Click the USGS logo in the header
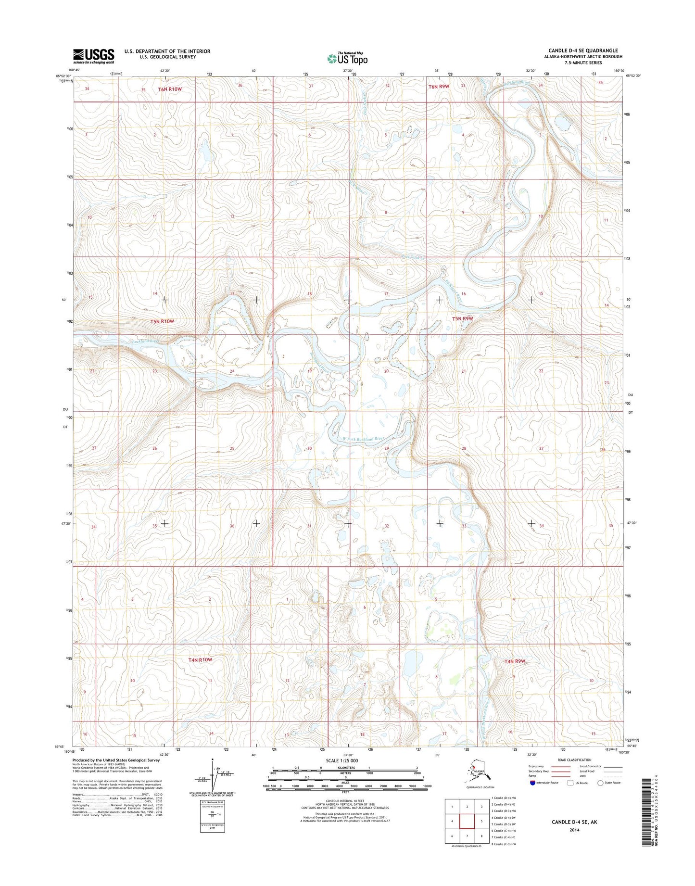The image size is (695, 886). coord(94,56)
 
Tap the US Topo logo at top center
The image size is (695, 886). coord(347,58)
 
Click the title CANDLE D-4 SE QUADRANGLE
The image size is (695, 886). coord(583,51)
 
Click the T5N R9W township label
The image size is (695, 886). coord(463,318)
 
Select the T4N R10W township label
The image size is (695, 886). coord(200,659)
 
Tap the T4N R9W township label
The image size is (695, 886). coord(514,661)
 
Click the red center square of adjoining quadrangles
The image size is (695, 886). coord(467,821)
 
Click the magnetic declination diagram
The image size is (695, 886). coord(212,780)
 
